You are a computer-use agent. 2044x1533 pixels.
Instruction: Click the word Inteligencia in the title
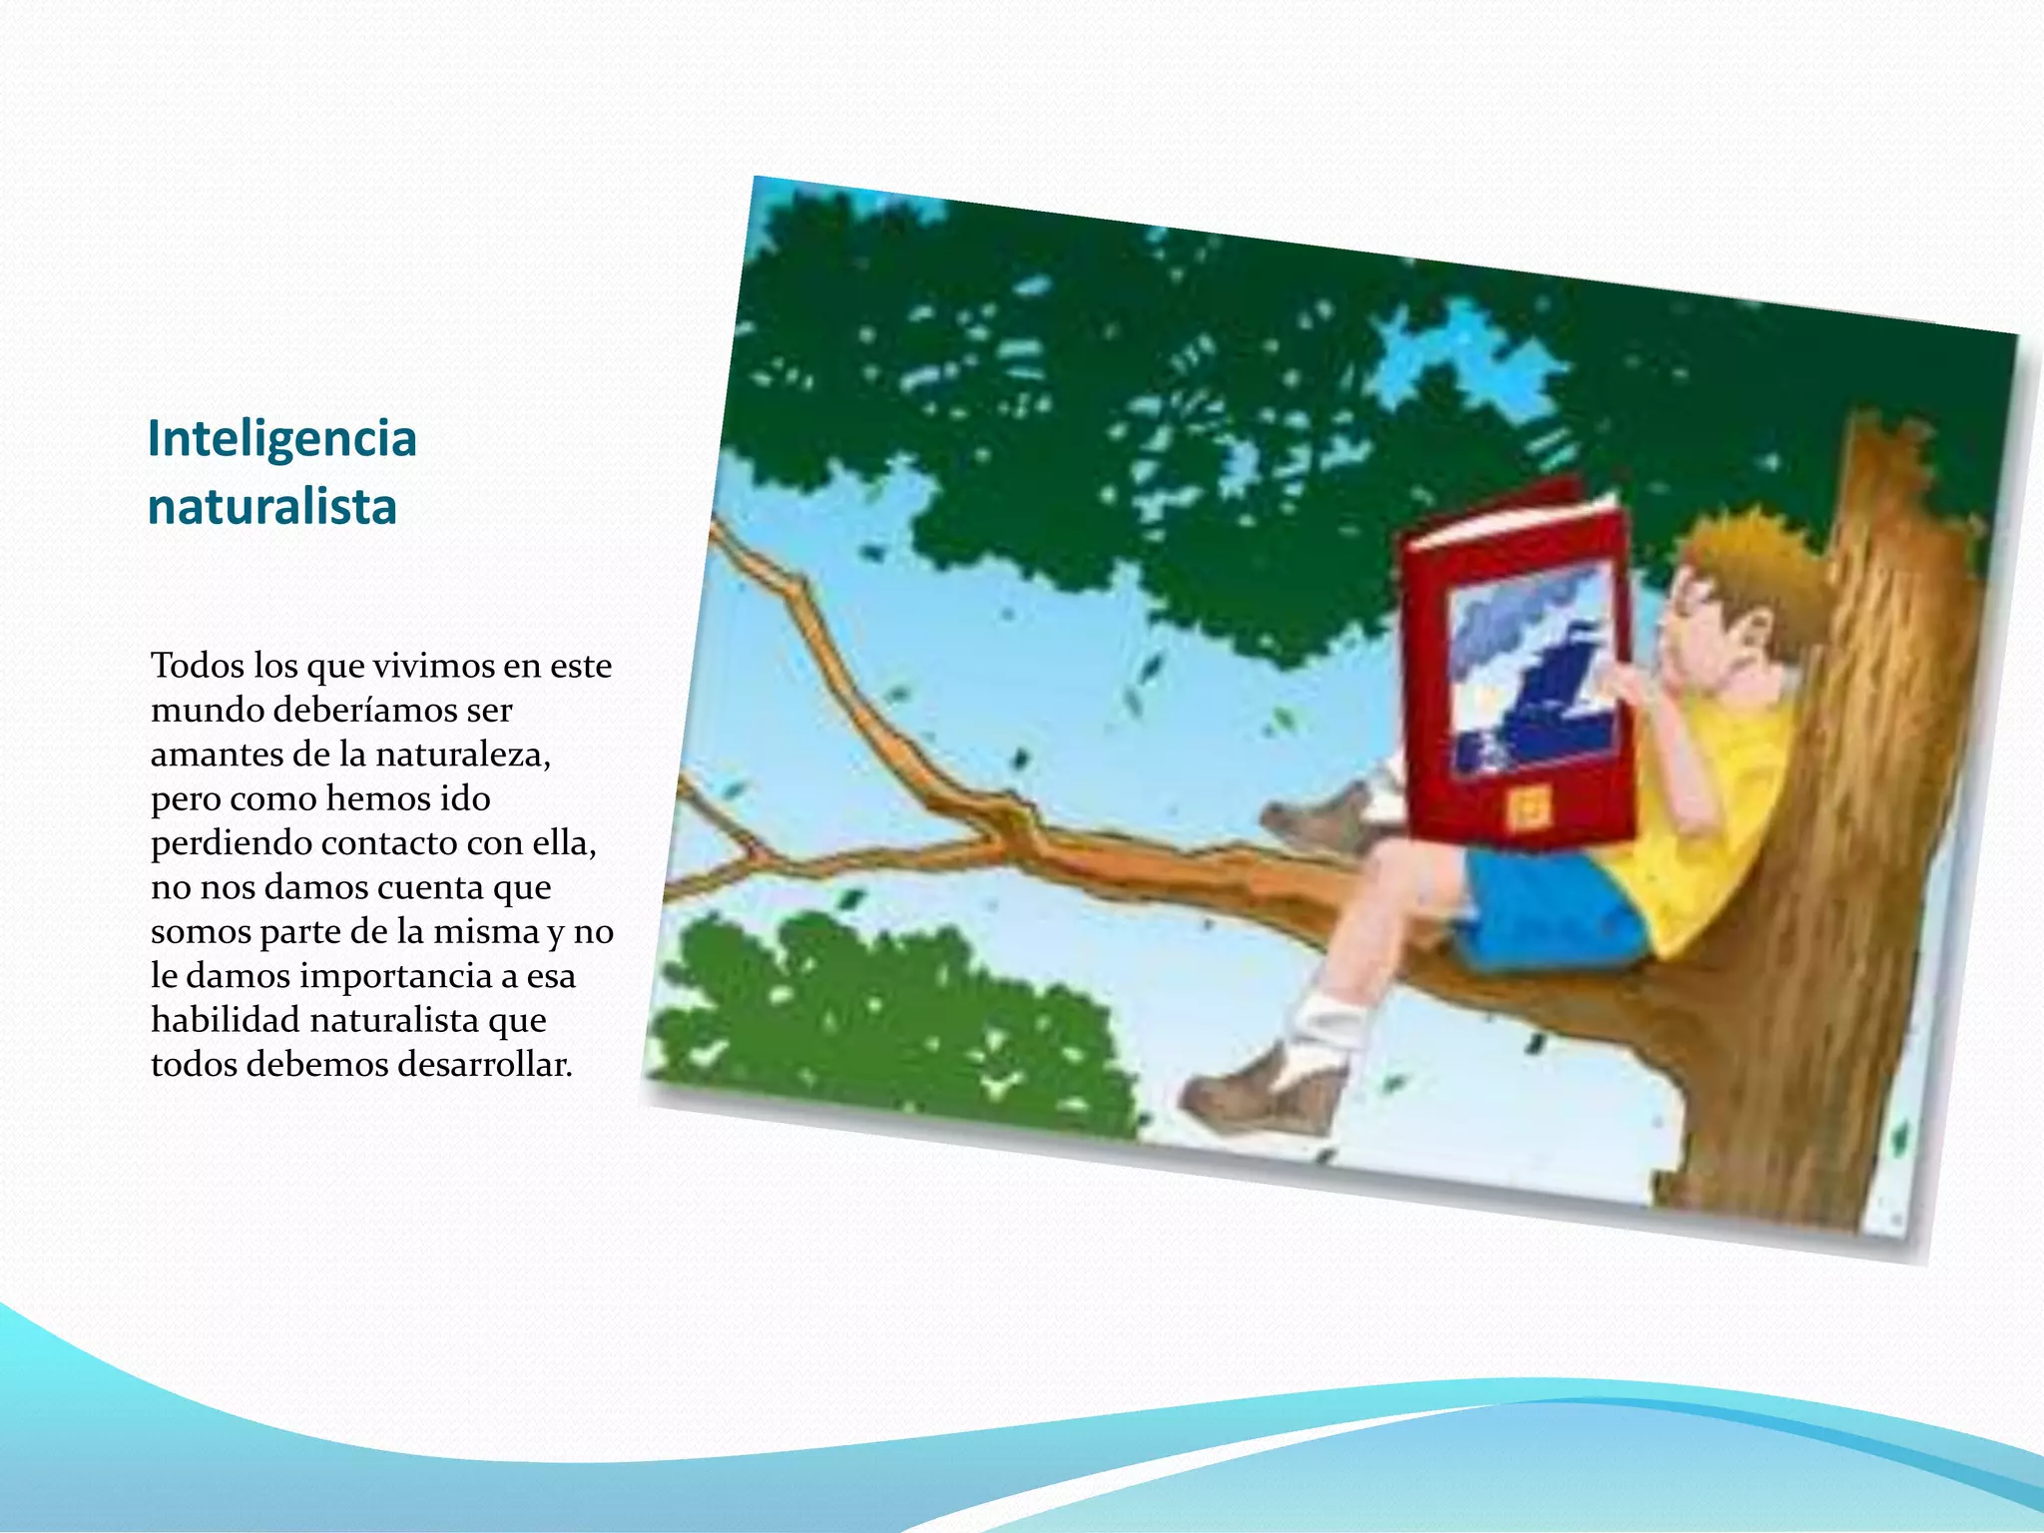[x=281, y=439]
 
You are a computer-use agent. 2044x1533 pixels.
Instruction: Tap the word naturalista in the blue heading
[x=271, y=506]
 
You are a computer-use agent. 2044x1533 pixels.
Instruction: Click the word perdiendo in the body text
[x=232, y=843]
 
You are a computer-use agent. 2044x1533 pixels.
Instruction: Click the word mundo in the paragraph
[x=207, y=710]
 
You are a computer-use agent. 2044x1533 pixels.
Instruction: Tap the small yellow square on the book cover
[x=1524, y=807]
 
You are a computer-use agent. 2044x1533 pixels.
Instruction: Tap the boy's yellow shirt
[x=1697, y=828]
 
